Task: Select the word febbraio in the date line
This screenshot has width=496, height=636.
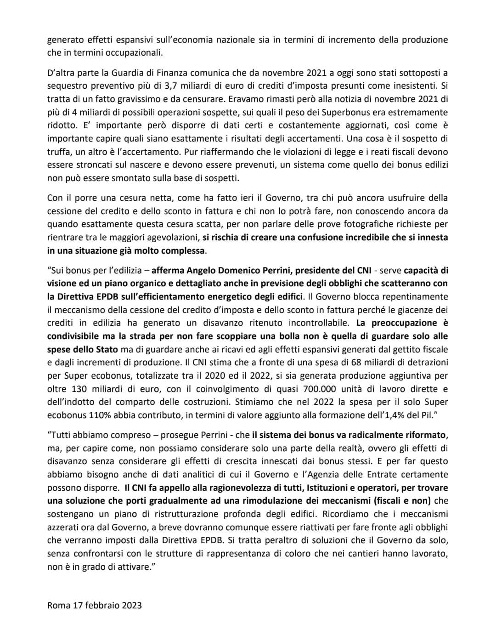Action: (101, 605)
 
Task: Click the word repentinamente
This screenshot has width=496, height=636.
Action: (414, 297)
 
